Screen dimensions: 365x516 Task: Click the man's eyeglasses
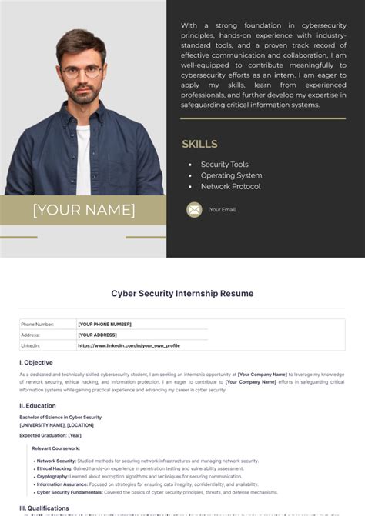[x=82, y=72]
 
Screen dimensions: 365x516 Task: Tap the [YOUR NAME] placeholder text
[x=83, y=209]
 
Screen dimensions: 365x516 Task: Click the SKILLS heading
[x=199, y=144]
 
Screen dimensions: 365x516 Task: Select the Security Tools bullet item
[x=224, y=165]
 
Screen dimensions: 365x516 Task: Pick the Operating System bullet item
[x=231, y=175]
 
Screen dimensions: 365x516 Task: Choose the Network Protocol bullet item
[x=230, y=186]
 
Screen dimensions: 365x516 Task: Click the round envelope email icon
[x=194, y=209]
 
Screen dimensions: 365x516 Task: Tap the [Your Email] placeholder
[x=223, y=209]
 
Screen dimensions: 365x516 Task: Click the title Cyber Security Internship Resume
[x=182, y=293]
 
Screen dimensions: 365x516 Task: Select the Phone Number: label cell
[x=38, y=325]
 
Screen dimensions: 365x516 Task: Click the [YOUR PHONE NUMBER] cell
[x=105, y=325]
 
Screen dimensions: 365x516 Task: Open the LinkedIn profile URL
[x=129, y=346]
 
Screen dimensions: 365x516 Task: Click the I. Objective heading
[x=36, y=362]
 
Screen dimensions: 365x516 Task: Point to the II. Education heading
[x=38, y=405]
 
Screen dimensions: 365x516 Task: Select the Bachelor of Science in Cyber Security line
[x=60, y=418]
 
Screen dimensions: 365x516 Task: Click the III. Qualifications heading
[x=44, y=508]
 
